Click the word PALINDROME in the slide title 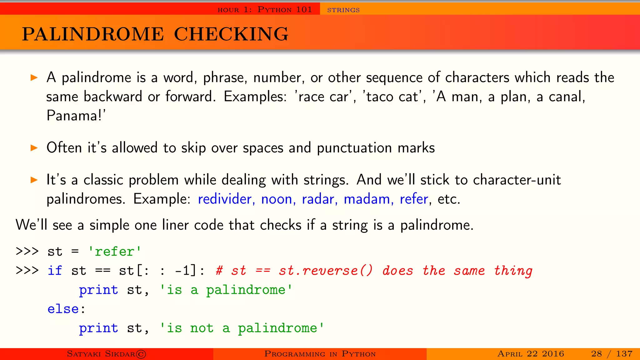point(93,34)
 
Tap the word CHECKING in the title point(231,34)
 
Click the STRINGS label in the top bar point(343,10)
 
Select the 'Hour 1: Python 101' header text point(265,10)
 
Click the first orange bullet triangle point(34,77)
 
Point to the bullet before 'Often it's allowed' point(34,148)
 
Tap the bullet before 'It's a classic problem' point(34,180)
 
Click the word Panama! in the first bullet point(76,116)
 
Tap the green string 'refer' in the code point(115,252)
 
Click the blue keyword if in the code point(55,271)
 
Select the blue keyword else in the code point(63,309)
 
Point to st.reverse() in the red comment point(326,271)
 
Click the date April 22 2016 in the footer point(531,354)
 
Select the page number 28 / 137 point(612,354)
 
